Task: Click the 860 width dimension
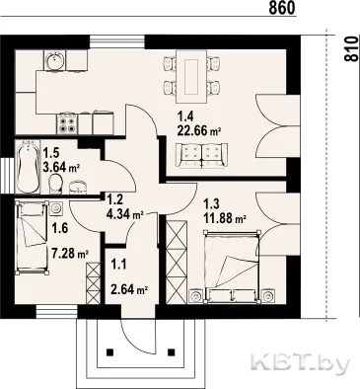[282, 8]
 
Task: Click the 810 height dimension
[351, 48]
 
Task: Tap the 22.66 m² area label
[198, 131]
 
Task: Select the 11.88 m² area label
[225, 218]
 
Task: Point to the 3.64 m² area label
[62, 168]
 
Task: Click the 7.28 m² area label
[70, 254]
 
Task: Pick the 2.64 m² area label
[129, 290]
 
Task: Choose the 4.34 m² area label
[124, 214]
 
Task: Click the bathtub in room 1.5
[28, 167]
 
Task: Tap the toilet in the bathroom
[55, 184]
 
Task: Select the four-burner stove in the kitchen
[68, 123]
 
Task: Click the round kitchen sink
[55, 60]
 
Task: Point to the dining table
[191, 77]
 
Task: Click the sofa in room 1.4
[201, 156]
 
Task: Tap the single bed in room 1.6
[32, 237]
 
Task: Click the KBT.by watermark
[300, 363]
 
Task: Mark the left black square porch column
[110, 352]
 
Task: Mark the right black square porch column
[171, 352]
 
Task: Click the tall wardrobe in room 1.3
[177, 262]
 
